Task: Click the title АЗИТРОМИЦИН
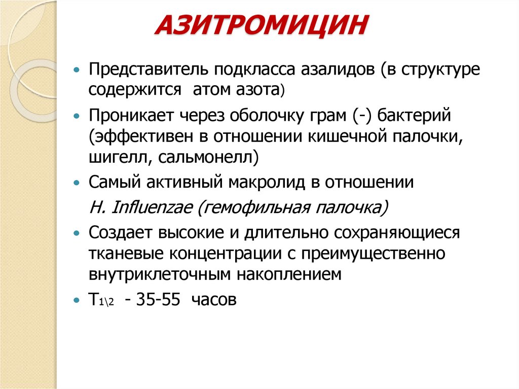point(262,27)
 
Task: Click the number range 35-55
point(158,300)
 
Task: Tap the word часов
point(214,300)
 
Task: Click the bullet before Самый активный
point(77,182)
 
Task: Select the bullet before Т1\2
point(77,300)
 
